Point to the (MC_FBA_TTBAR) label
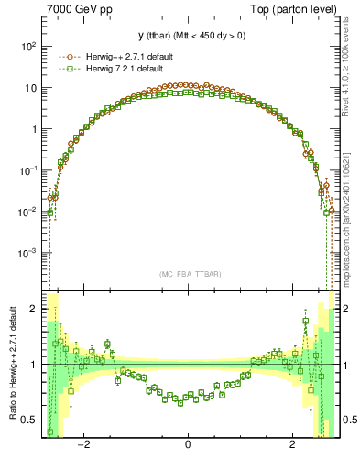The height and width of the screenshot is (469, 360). click(x=188, y=274)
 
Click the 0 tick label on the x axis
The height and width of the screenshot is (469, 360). click(x=188, y=446)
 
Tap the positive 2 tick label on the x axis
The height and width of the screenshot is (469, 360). click(x=292, y=446)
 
